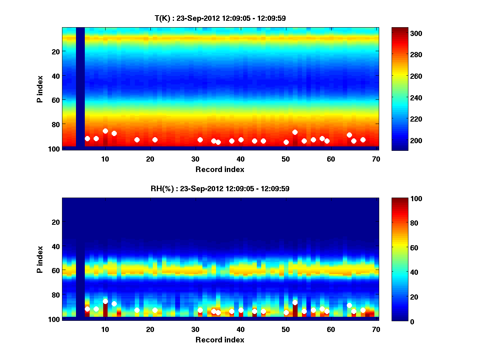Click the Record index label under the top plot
click(220, 169)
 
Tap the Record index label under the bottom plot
click(220, 340)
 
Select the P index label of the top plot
click(40, 88)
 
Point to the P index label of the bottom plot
click(40, 259)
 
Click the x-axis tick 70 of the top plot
click(376, 159)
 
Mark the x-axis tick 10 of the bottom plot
click(105, 329)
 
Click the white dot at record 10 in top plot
click(105, 131)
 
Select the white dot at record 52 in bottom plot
click(295, 302)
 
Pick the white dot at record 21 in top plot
click(155, 140)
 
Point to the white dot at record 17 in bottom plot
click(137, 310)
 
